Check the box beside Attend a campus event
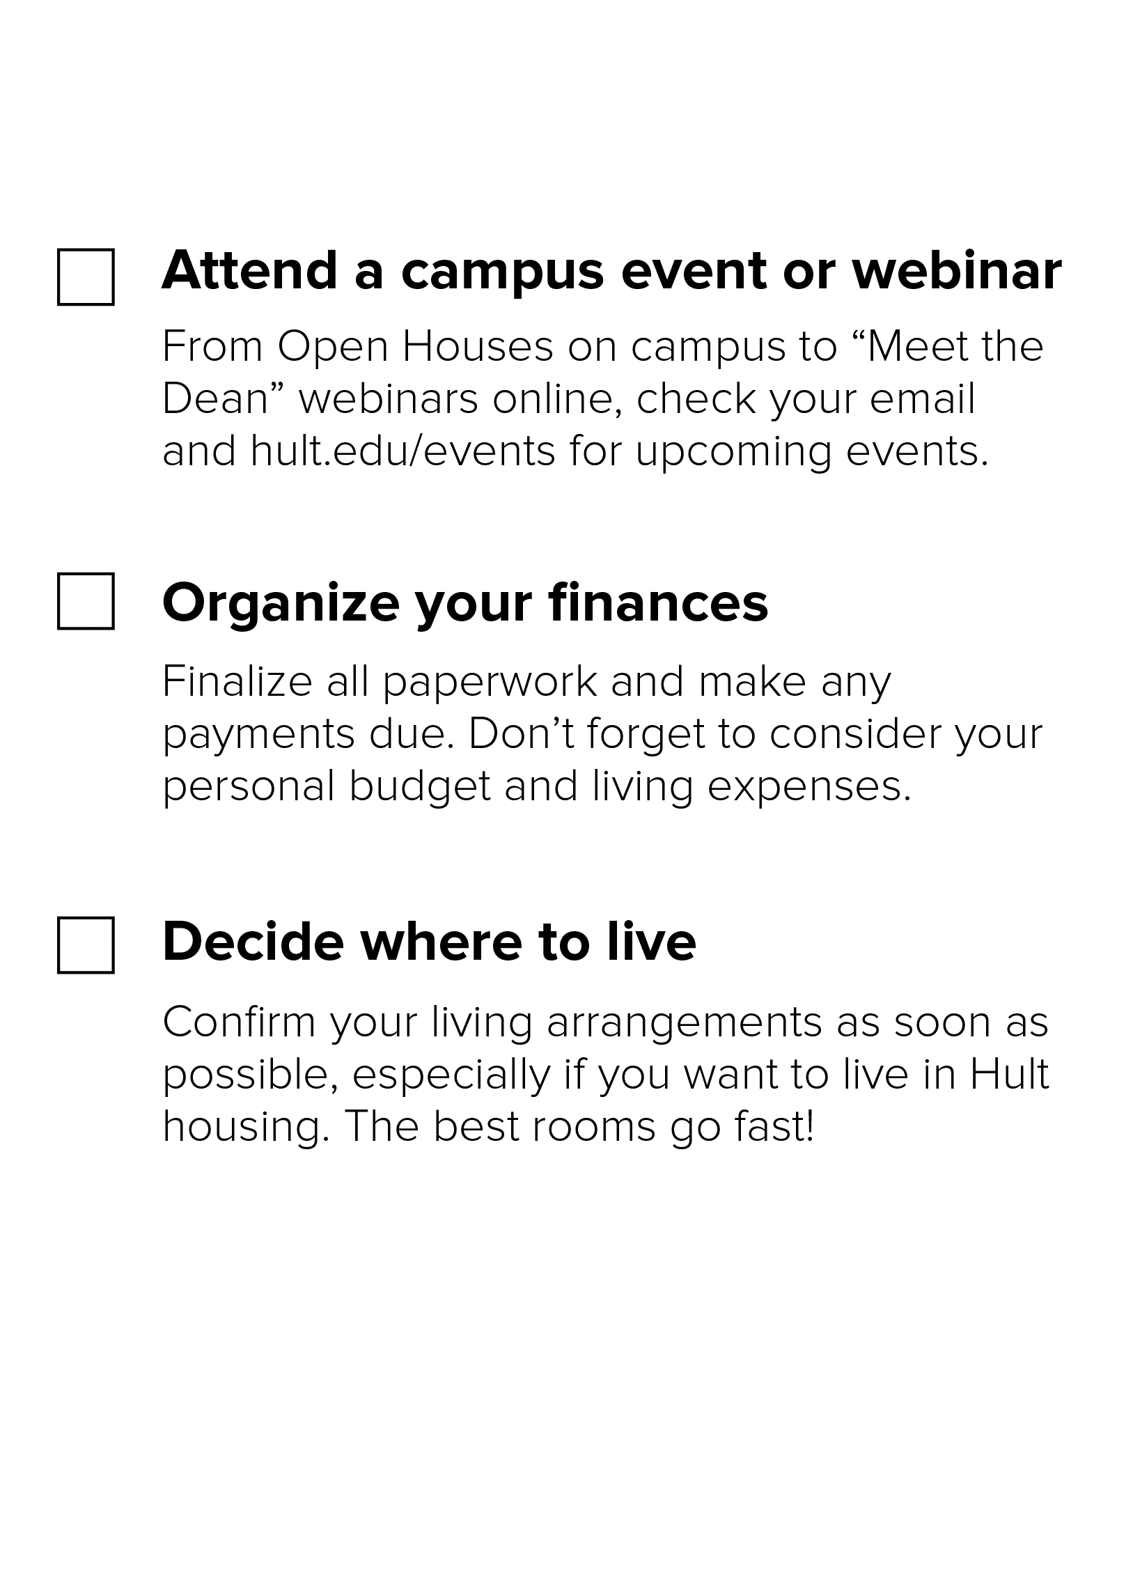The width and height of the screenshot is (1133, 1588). tap(86, 277)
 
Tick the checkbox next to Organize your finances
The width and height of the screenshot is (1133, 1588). tap(86, 602)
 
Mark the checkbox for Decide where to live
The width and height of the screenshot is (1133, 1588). tap(86, 945)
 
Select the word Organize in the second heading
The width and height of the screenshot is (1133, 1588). tap(281, 605)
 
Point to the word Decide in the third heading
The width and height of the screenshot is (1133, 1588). tap(253, 942)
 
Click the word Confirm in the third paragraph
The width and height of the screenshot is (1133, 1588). tap(239, 1022)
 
